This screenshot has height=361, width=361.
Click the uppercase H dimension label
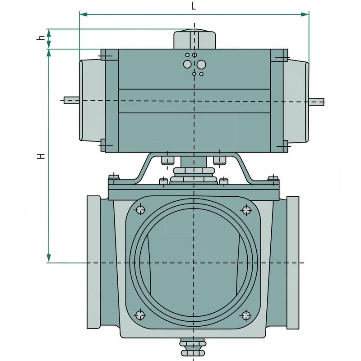(41, 156)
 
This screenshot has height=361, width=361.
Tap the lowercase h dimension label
(40, 39)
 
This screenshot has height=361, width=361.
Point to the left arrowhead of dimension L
(83, 14)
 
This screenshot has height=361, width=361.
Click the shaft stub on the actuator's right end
(317, 100)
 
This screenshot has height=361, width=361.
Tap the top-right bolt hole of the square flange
(246, 209)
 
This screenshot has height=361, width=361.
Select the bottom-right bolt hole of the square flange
(246, 315)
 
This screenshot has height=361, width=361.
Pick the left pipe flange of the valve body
(94, 263)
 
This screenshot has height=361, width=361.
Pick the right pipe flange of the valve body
(293, 263)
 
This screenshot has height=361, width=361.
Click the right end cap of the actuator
(296, 100)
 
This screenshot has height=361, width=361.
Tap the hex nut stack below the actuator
(194, 175)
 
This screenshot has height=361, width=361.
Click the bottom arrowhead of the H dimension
(48, 259)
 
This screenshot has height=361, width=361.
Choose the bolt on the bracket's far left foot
(114, 177)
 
